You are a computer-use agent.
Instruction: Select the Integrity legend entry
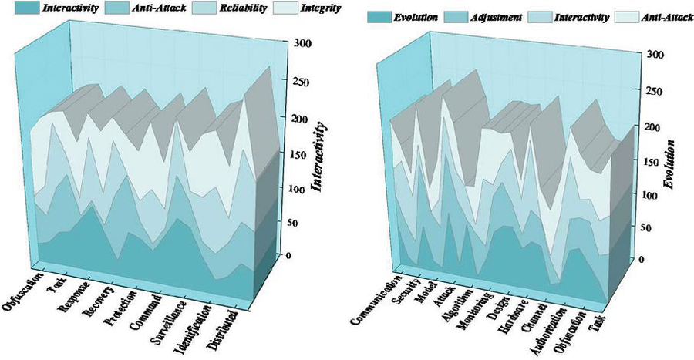[323, 8]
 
